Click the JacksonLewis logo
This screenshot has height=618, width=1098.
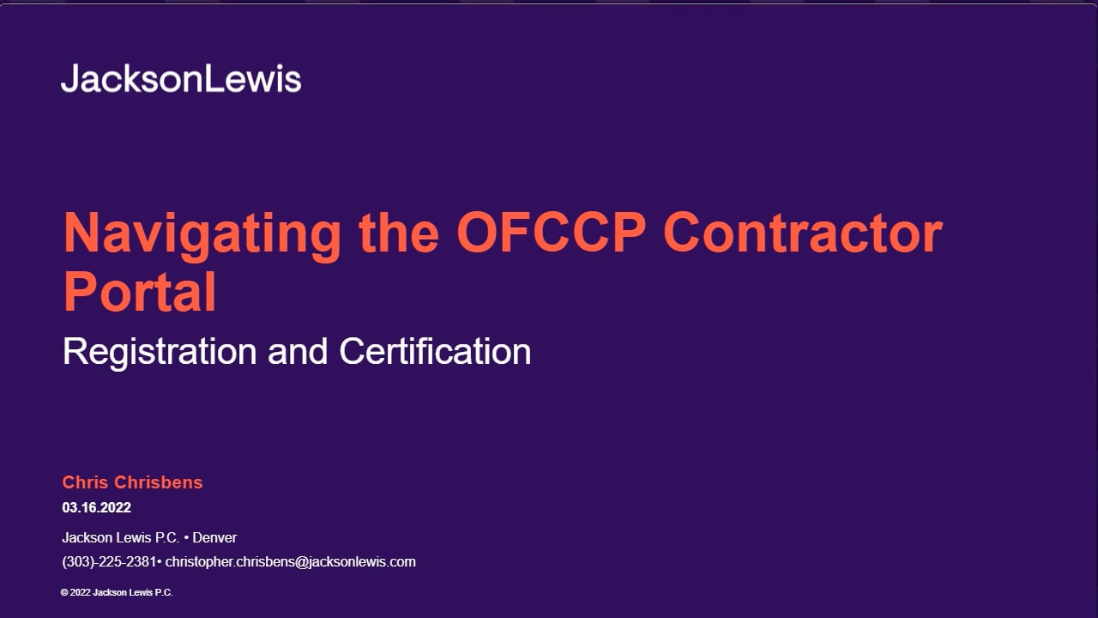pos(181,78)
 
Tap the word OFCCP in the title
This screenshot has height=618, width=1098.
pos(551,232)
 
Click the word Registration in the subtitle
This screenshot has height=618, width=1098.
pos(160,353)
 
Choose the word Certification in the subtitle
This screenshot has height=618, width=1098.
pos(435,351)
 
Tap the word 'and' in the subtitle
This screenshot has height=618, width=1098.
pos(298,351)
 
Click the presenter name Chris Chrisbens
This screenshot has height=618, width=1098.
pos(132,482)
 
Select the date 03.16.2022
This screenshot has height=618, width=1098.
pos(97,507)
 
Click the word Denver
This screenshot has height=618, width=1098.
pos(214,537)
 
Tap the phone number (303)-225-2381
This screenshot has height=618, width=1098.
pos(109,562)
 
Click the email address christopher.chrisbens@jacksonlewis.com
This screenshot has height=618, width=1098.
pos(290,562)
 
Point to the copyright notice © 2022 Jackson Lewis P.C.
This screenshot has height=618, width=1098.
pos(117,592)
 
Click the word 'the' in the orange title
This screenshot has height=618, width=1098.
pos(399,232)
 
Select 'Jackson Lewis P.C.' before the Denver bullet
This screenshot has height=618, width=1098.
pos(121,537)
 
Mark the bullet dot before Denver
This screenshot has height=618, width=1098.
pos(186,538)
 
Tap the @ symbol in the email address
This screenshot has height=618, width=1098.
pos(301,562)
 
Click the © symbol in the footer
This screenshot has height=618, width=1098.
pos(64,592)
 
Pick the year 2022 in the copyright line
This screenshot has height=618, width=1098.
pos(81,592)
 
